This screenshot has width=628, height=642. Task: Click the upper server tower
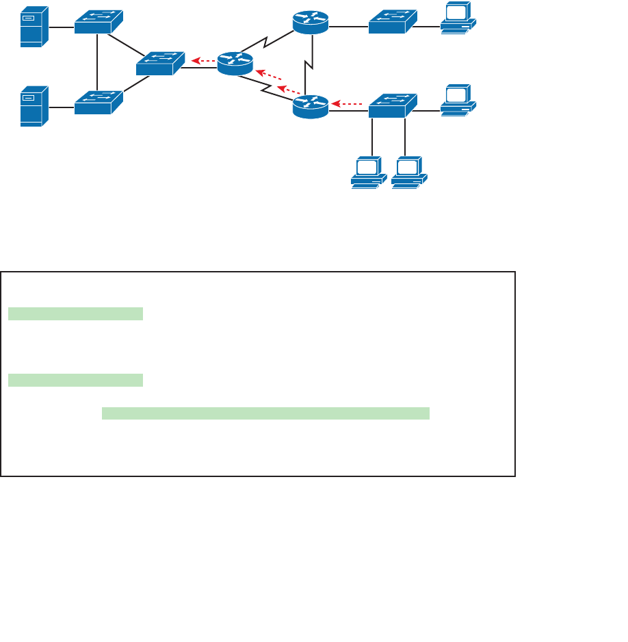coord(34,27)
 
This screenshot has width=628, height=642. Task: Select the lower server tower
coord(34,106)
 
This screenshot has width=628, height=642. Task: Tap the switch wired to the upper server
coord(99,22)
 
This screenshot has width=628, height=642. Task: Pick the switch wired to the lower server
coord(99,102)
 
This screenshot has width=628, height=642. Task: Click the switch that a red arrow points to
coord(160,63)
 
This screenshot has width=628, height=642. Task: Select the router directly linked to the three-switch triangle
coord(235,63)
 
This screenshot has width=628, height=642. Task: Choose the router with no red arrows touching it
coord(311,23)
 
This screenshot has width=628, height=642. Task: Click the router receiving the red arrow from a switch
coord(311,106)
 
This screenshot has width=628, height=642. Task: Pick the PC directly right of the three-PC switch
coord(458,100)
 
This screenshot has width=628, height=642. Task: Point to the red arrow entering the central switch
coord(203,61)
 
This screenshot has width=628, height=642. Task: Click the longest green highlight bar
coord(265,413)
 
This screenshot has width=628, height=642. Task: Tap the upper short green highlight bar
coord(75,314)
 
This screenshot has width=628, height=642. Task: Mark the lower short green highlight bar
coord(75,380)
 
